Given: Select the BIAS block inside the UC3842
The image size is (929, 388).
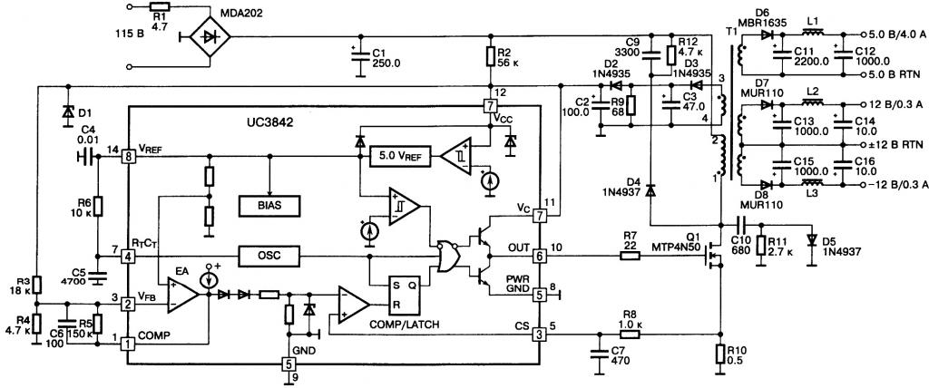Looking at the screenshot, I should pyautogui.click(x=268, y=206).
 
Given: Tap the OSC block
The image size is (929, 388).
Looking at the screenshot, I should pyautogui.click(x=268, y=256).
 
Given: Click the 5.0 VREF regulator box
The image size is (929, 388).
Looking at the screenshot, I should pyautogui.click(x=396, y=156).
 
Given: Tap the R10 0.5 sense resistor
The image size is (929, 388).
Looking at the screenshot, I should pyautogui.click(x=720, y=355).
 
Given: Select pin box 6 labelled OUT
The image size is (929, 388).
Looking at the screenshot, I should pyautogui.click(x=539, y=257).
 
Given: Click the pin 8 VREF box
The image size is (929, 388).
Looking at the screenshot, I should pyautogui.click(x=130, y=156).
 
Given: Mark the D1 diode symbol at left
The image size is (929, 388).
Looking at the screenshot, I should pyautogui.click(x=67, y=112).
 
